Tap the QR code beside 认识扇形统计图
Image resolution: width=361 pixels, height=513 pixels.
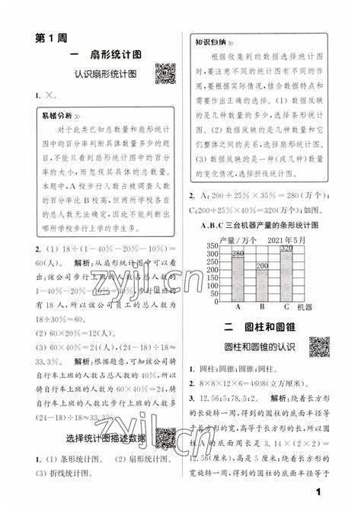165,74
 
